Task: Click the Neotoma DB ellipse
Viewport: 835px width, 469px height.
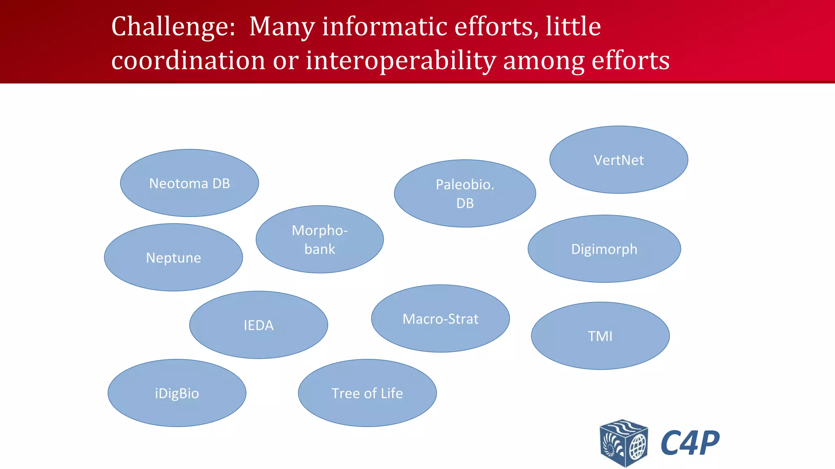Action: [189, 183]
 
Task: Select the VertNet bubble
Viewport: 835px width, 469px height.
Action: [619, 160]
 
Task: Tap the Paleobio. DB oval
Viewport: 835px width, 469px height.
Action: [465, 193]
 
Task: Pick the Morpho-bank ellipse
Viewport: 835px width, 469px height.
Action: [320, 239]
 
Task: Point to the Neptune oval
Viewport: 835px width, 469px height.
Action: [173, 257]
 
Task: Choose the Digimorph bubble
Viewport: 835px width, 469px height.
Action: [604, 249]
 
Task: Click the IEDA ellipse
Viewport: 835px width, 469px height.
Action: [258, 325]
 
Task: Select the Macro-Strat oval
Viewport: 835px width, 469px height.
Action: [440, 318]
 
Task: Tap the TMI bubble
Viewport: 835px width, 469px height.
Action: [600, 336]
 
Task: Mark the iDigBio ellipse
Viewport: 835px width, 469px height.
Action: [177, 393]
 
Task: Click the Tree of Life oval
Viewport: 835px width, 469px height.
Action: [367, 393]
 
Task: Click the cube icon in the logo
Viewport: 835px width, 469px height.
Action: [623, 443]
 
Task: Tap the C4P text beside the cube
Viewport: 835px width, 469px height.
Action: [690, 443]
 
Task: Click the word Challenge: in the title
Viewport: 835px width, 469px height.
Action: [173, 27]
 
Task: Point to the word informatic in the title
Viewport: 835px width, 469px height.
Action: [385, 27]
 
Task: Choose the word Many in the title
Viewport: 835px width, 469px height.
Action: [282, 27]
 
